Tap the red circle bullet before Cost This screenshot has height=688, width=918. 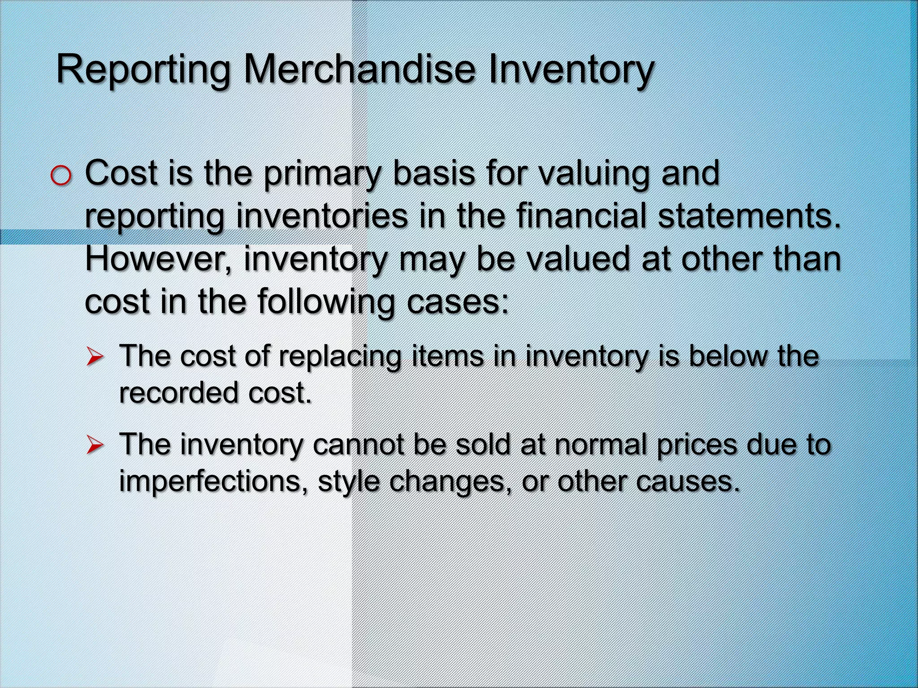coord(61,176)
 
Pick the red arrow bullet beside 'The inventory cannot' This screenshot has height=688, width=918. coord(95,445)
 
